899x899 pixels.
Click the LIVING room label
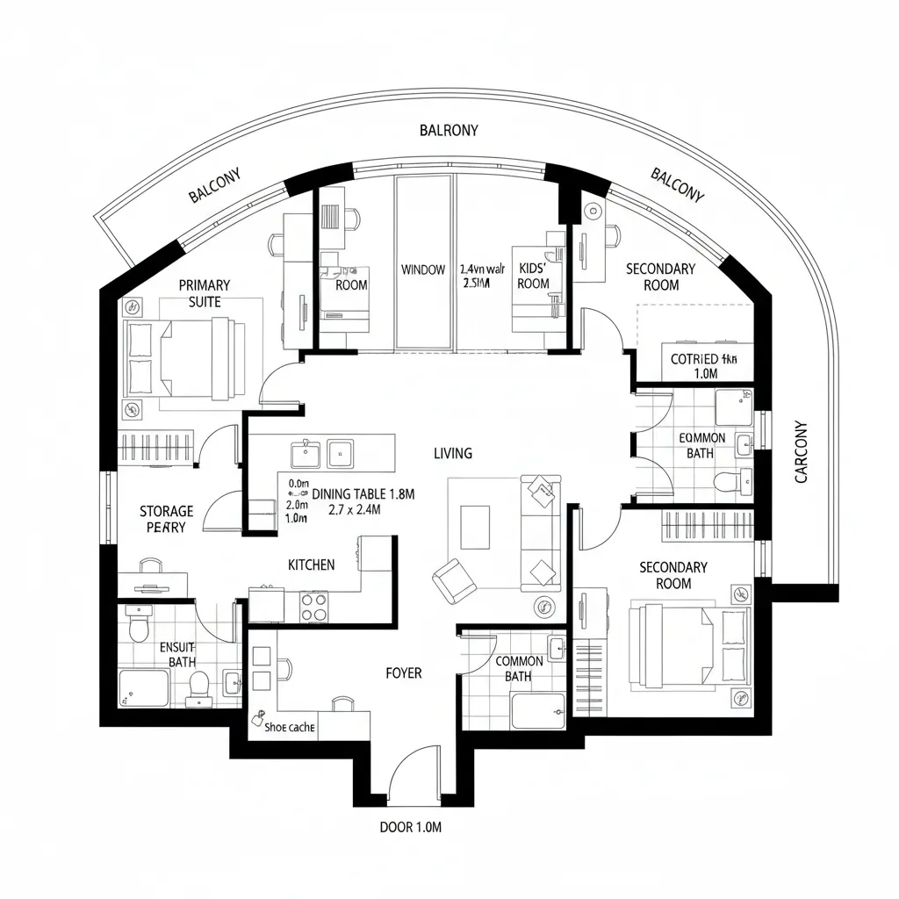click(452, 454)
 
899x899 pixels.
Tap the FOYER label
click(404, 673)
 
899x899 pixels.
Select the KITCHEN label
click(311, 565)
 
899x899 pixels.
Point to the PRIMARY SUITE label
click(204, 293)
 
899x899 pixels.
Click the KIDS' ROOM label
click(533, 274)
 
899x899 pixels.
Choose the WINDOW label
click(423, 270)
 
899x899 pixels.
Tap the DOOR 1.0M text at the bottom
click(416, 827)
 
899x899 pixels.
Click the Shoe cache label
click(289, 726)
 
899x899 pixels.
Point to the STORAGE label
click(166, 511)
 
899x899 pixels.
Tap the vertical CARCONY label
click(801, 452)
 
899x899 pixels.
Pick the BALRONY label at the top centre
click(449, 131)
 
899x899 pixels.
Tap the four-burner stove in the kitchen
click(313, 605)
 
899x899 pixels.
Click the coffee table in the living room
click(474, 527)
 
